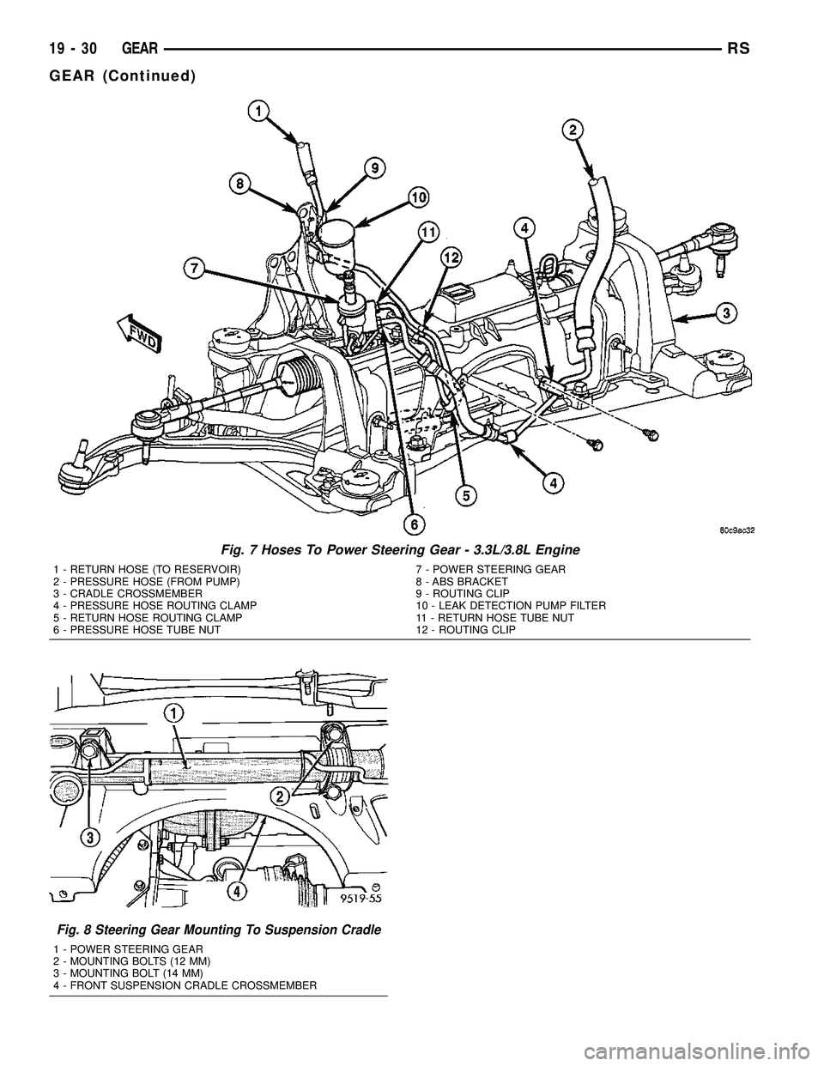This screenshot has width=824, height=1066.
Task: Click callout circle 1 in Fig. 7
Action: pyautogui.click(x=258, y=110)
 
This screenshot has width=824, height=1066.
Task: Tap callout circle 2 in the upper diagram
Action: pyautogui.click(x=572, y=130)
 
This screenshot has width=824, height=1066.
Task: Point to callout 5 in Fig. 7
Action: pyautogui.click(x=466, y=496)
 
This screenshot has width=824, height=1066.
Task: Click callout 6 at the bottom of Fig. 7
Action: pyautogui.click(x=412, y=522)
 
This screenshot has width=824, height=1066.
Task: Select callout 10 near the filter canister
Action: pyautogui.click(x=418, y=197)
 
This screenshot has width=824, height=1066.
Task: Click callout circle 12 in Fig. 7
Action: pyautogui.click(x=451, y=257)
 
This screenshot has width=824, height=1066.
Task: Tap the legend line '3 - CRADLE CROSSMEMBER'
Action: pyautogui.click(x=127, y=594)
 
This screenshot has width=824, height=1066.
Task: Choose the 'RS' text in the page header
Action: pyautogui.click(x=739, y=51)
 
